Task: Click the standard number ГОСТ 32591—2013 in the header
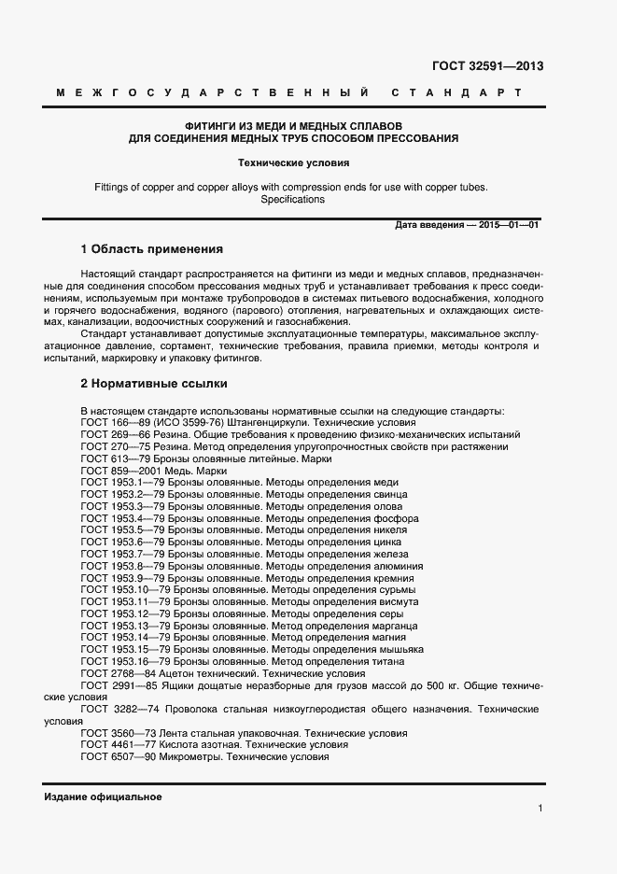pos(487,66)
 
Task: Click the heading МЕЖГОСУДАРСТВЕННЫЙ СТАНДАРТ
pos(288,93)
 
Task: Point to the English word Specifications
pos(292,199)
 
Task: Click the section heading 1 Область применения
pos(152,249)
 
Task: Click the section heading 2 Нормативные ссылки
pos(153,383)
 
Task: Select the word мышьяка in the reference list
pos(399,649)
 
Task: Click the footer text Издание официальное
pos(103,796)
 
